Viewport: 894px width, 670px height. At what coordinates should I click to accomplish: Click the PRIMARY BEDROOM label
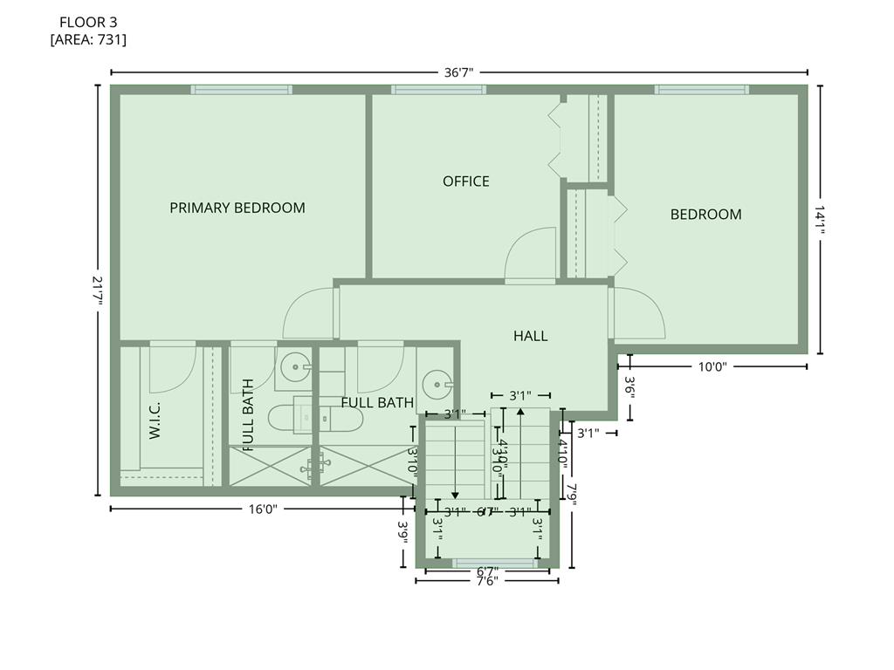pyautogui.click(x=237, y=208)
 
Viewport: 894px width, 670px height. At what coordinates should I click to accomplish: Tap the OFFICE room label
pyautogui.click(x=466, y=181)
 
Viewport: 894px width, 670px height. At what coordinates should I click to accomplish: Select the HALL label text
pyautogui.click(x=530, y=336)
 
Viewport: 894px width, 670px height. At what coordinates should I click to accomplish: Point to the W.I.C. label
pyautogui.click(x=155, y=420)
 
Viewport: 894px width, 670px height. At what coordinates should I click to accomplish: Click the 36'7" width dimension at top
pyautogui.click(x=458, y=73)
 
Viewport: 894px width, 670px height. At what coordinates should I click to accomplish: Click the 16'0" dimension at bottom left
pyautogui.click(x=261, y=509)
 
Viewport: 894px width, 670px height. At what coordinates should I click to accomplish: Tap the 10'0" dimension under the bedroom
pyautogui.click(x=712, y=367)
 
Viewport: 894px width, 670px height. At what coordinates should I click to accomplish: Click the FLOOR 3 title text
pyautogui.click(x=88, y=21)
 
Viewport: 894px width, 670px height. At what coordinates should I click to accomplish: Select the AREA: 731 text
pyautogui.click(x=88, y=39)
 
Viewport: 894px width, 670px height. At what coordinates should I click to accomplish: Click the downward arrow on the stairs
pyautogui.click(x=454, y=495)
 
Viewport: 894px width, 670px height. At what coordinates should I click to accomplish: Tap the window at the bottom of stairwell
pyautogui.click(x=496, y=564)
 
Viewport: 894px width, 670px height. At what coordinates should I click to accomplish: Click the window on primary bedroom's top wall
pyautogui.click(x=241, y=89)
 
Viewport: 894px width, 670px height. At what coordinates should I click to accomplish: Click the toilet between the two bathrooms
pyautogui.click(x=314, y=419)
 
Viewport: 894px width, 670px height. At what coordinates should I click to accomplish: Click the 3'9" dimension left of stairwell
pyautogui.click(x=403, y=531)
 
